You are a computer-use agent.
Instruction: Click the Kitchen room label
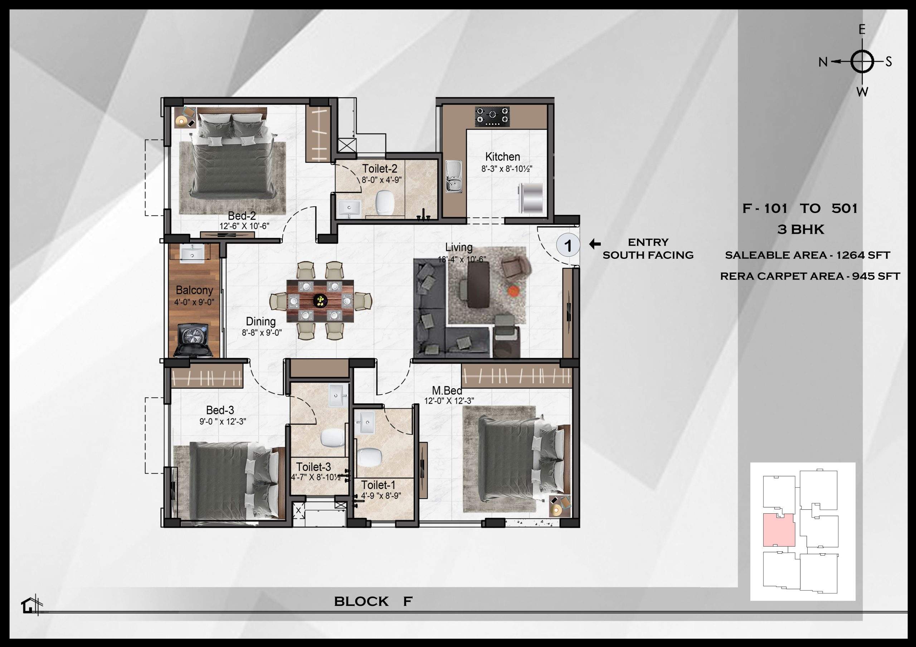(502, 157)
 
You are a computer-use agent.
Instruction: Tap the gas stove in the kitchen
(492, 117)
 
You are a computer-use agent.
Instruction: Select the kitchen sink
(453, 176)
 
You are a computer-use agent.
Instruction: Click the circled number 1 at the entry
(568, 245)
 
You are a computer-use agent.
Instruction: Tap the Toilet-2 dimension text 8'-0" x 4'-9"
(381, 180)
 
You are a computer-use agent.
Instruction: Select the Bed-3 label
(220, 410)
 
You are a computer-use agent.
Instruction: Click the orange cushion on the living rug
(514, 291)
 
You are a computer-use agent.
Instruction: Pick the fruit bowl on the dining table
(320, 300)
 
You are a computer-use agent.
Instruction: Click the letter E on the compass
(862, 30)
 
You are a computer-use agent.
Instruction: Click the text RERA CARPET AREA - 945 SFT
(810, 276)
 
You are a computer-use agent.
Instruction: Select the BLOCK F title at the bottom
(373, 601)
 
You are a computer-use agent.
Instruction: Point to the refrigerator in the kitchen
(531, 198)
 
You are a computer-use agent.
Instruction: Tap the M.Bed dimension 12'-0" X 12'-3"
(449, 401)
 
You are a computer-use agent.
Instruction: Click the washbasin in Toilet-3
(338, 395)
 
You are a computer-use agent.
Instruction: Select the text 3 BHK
(800, 229)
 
